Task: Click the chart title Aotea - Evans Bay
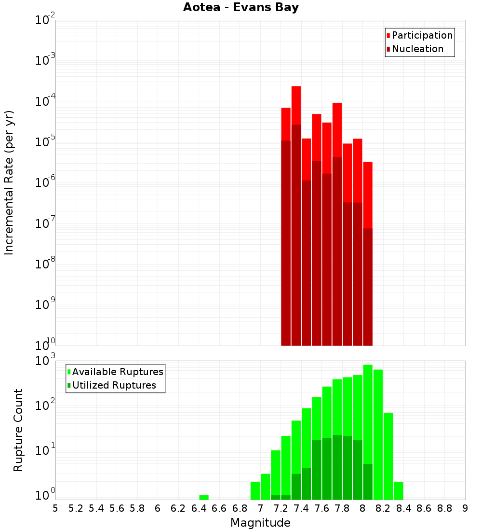tap(241, 8)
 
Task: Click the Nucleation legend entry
tap(417, 49)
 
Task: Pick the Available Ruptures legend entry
tap(117, 372)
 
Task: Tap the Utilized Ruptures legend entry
tap(114, 385)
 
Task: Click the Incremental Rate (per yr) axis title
tap(9, 182)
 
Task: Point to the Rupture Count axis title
tap(18, 430)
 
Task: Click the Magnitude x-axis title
tap(260, 523)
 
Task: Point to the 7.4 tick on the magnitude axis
tap(301, 508)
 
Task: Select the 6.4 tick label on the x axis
tap(199, 508)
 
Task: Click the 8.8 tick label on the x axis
tap(444, 508)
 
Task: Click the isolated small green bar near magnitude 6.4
tap(204, 497)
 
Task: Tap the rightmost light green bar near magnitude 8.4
tap(398, 490)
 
